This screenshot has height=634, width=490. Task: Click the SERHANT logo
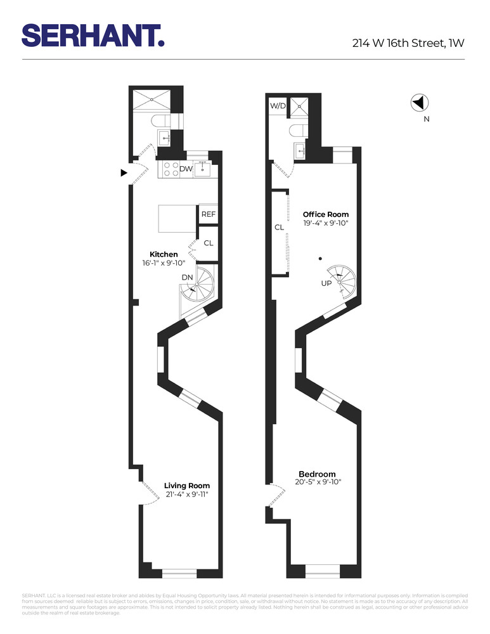93,35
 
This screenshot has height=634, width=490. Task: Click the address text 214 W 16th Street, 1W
408,44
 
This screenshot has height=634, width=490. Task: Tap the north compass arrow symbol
420,102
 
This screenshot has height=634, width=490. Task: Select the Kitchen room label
164,254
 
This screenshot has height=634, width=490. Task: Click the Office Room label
325,214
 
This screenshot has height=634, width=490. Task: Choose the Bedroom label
317,474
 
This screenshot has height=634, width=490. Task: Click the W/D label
278,105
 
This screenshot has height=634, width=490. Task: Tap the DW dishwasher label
186,169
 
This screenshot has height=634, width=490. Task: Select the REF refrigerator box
209,214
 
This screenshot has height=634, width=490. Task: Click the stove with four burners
171,169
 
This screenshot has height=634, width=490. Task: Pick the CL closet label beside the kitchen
209,243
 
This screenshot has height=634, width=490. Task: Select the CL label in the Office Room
279,227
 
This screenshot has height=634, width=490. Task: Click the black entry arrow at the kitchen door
124,172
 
